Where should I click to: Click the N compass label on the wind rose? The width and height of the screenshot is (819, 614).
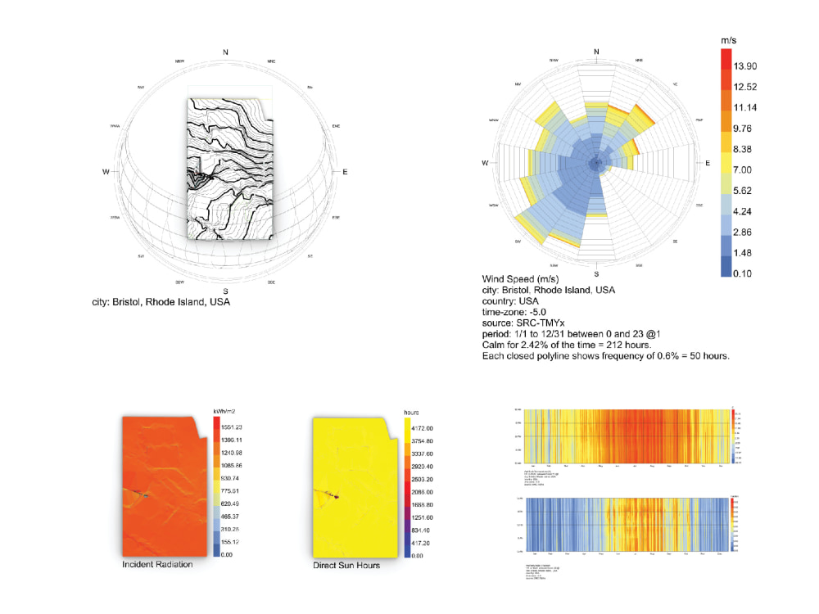596,52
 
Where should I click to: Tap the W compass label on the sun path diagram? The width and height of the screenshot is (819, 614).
106,172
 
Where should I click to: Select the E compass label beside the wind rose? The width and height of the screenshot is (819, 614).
708,164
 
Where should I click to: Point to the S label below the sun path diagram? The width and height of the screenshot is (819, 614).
225,291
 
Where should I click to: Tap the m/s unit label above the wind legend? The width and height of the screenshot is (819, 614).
731,39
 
